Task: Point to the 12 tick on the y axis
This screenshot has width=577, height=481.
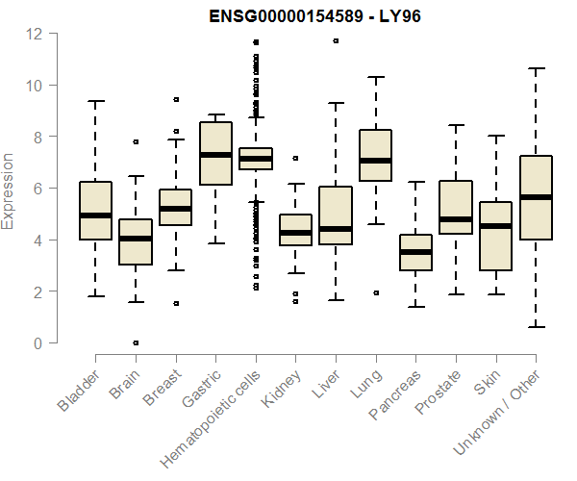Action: click(35, 34)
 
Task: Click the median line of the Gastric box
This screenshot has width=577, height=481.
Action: click(215, 155)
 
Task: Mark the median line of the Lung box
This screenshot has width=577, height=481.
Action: click(375, 161)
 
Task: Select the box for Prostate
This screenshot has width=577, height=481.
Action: click(455, 207)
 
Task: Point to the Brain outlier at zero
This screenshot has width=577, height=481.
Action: click(136, 342)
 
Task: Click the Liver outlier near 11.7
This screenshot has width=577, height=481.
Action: click(336, 41)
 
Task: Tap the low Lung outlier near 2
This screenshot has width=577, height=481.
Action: click(375, 292)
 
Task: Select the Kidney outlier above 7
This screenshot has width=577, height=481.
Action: click(295, 158)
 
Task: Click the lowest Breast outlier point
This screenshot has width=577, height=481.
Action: click(176, 303)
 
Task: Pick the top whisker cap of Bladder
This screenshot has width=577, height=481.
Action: click(95, 101)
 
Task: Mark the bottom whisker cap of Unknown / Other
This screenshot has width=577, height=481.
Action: click(535, 327)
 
